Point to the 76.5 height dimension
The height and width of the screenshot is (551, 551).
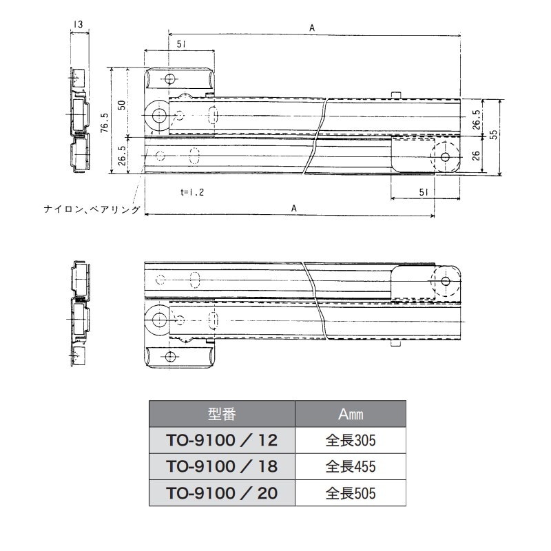click(103, 124)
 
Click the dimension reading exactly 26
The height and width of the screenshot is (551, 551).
click(477, 156)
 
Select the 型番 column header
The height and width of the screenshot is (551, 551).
click(222, 414)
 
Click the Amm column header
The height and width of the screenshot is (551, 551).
click(351, 414)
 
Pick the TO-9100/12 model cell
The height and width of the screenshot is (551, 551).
click(222, 439)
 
